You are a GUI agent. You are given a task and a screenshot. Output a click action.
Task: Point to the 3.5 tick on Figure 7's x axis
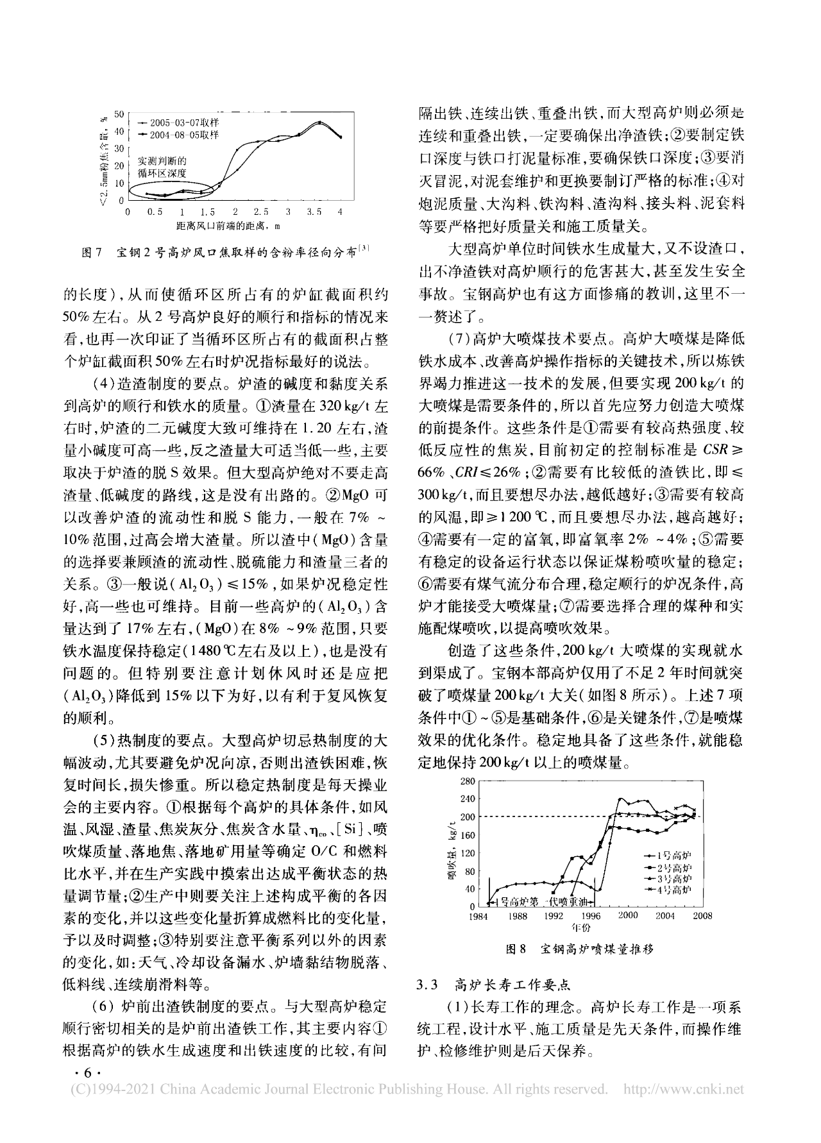pyautogui.click(x=314, y=212)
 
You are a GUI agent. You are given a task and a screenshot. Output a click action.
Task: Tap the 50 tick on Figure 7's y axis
pyautogui.click(x=119, y=114)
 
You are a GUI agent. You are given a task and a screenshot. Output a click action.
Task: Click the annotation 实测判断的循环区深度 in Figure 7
pyautogui.click(x=163, y=167)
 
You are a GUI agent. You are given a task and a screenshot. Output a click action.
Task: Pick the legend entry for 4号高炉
pyautogui.click(x=673, y=890)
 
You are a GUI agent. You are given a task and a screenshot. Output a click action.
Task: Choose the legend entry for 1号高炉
pyautogui.click(x=673, y=856)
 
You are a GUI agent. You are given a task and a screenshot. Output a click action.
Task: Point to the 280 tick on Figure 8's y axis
pyautogui.click(x=467, y=781)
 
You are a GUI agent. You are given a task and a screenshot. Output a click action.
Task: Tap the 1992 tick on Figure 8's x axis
pyautogui.click(x=554, y=916)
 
